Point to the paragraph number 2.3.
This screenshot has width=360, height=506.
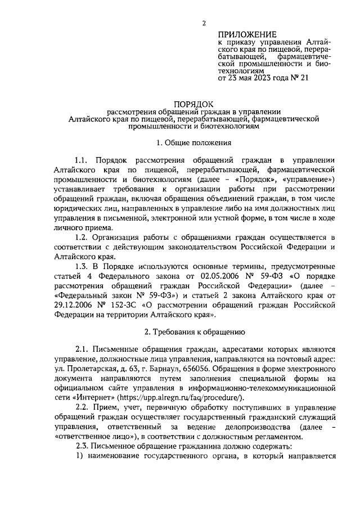[x=82, y=446]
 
